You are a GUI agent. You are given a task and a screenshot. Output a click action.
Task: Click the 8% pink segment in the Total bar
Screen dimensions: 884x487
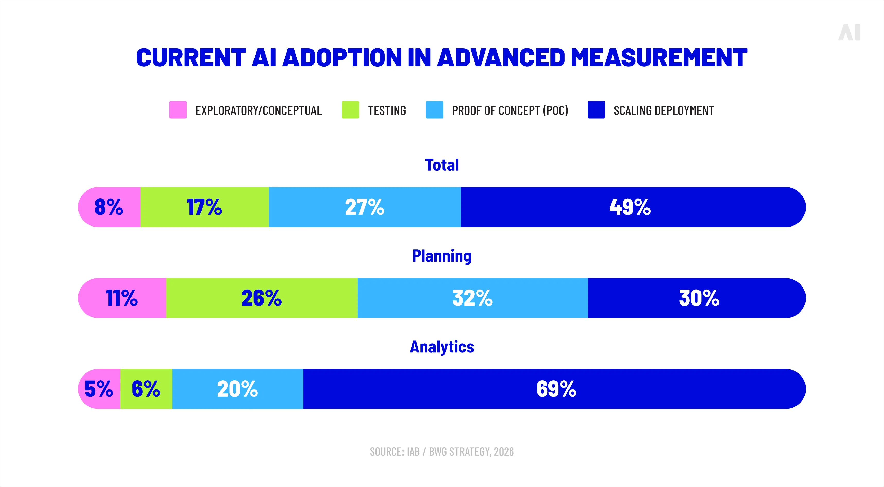click(x=109, y=207)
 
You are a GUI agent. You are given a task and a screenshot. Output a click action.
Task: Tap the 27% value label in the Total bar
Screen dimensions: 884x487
click(x=364, y=207)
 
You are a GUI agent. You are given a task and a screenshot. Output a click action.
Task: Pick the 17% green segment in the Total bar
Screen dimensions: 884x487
click(x=205, y=207)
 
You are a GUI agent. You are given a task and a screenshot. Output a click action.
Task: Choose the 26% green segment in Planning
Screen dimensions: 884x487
click(x=261, y=298)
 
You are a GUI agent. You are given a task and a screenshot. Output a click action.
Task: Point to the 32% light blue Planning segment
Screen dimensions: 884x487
click(x=472, y=298)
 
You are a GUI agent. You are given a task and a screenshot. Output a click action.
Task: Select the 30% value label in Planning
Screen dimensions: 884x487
click(x=699, y=298)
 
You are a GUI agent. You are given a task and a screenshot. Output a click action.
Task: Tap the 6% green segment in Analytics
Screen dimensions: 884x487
click(x=146, y=389)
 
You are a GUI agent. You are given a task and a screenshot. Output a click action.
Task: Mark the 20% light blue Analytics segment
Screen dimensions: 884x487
click(x=238, y=389)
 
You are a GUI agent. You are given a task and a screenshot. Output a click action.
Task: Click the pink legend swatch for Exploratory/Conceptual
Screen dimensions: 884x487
click(x=178, y=110)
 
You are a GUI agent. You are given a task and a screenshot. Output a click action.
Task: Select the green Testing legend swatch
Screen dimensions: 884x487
click(x=350, y=110)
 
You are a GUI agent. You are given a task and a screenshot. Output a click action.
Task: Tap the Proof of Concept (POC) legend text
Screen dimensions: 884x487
click(x=510, y=110)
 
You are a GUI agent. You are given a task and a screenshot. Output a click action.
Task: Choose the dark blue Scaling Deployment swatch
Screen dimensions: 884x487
click(x=596, y=110)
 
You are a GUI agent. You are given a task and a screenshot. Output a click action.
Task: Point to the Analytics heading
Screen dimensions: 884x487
click(x=442, y=347)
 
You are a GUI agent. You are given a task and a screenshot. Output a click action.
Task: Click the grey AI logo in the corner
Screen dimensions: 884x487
click(x=849, y=33)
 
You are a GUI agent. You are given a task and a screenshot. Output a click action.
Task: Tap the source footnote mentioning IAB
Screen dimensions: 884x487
click(x=442, y=452)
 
